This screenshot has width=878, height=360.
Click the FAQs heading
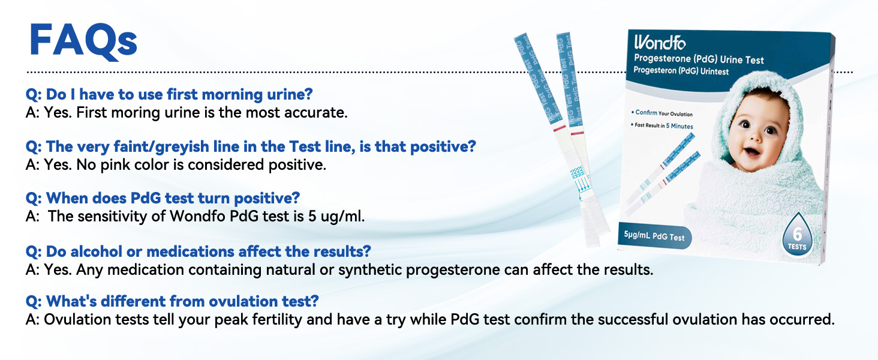pyautogui.click(x=83, y=41)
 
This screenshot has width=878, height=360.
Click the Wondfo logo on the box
pyautogui.click(x=660, y=43)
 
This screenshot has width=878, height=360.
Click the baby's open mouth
pyautogui.click(x=751, y=152)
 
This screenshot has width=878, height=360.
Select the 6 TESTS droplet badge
pyautogui.click(x=797, y=236)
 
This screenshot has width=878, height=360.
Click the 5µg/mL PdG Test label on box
pyautogui.click(x=654, y=236)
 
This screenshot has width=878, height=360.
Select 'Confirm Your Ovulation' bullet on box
pyautogui.click(x=662, y=113)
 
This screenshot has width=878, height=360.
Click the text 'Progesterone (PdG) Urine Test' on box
pyautogui.click(x=699, y=59)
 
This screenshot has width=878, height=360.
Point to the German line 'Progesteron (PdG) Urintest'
pyautogui.click(x=681, y=71)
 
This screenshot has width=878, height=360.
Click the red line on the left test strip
pyautogui.click(x=558, y=128)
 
